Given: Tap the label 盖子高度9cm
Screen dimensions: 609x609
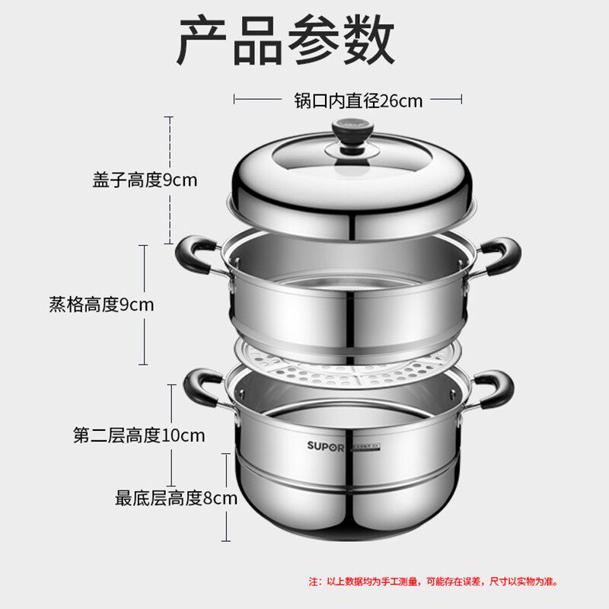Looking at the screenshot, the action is point(145,180).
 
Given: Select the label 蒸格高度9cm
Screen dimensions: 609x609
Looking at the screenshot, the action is point(101,305).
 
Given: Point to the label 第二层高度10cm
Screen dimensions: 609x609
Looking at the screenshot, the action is point(139,435).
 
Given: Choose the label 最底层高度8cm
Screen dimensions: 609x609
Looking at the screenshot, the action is point(176,499).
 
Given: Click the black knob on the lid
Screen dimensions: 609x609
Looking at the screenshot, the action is point(352,137).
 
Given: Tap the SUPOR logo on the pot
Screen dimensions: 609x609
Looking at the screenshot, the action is point(327,445).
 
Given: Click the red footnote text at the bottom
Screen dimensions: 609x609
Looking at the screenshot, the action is point(433,582).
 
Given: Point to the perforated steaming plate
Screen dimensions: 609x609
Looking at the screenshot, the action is point(350,366).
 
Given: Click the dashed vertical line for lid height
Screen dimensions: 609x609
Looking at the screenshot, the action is point(169,180).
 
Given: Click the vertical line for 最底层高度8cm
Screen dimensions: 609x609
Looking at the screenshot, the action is point(226,499).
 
